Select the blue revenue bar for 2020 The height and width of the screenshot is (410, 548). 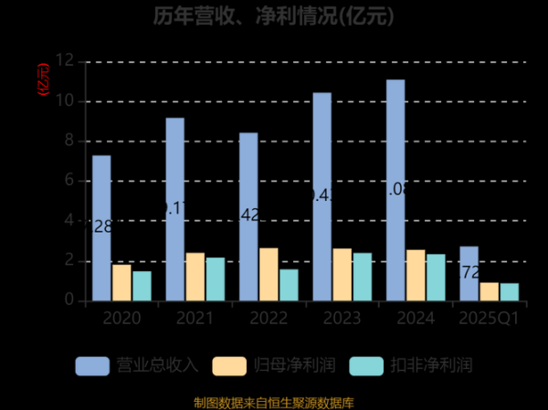point(101,228)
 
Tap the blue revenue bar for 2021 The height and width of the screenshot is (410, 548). point(174,209)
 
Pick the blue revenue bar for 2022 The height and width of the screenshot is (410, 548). point(248,216)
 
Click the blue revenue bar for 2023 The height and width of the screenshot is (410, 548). point(321,196)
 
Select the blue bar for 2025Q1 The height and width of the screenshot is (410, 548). point(469,273)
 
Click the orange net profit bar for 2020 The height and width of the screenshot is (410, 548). point(121,282)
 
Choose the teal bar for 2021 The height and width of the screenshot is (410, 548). point(215,279)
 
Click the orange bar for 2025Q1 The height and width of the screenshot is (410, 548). point(489,291)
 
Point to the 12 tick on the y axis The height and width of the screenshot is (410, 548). point(64,60)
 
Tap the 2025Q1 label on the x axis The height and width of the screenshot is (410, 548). point(489,319)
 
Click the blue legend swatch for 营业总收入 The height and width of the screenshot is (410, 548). point(91,365)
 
